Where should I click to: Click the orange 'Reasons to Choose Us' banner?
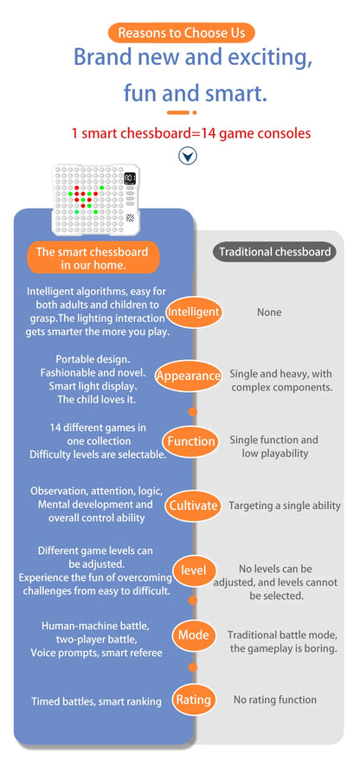coord(182,33)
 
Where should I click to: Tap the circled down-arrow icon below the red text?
coord(188,157)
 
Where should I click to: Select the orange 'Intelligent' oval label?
coord(193,312)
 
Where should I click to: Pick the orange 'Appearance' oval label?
coord(188,376)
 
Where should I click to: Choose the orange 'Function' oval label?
coord(191,441)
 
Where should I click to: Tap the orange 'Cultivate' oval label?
coord(193,506)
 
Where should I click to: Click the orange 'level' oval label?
coord(193,570)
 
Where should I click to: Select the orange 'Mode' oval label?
coord(193,635)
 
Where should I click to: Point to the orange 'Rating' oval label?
coord(193,699)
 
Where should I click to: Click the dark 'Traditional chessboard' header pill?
coord(274,252)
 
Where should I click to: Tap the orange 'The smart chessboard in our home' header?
coord(93,258)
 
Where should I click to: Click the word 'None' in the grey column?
coord(269,312)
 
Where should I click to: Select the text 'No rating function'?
coord(274,699)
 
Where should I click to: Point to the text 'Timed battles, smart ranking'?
coord(97,701)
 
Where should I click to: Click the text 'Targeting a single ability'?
coord(285,506)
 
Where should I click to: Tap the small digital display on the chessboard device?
coord(130,177)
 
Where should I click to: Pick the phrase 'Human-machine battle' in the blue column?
coord(95,626)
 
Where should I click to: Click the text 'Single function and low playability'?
coord(273,446)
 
